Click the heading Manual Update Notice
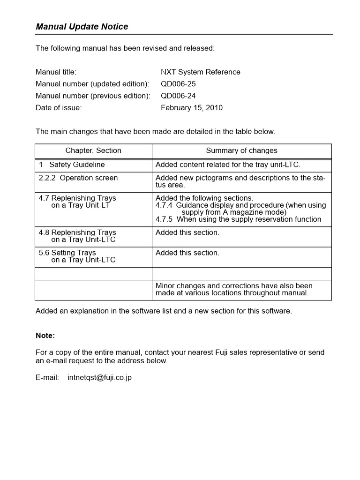(82, 27)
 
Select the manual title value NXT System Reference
(200, 72)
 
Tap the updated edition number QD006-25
(178, 84)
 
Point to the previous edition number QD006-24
(178, 96)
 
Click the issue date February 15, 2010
(192, 108)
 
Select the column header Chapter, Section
(93, 150)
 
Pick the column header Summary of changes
(241, 150)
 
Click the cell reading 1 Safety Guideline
(72, 165)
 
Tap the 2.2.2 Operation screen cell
(78, 178)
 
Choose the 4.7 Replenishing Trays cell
(77, 202)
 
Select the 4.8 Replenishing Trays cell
(77, 236)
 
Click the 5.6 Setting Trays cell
(77, 256)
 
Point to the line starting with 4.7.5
(238, 219)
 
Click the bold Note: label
(45, 336)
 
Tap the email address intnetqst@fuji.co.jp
(99, 377)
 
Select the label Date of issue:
(59, 108)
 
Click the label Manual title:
(56, 72)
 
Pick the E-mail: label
(47, 377)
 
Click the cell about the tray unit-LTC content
(228, 165)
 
